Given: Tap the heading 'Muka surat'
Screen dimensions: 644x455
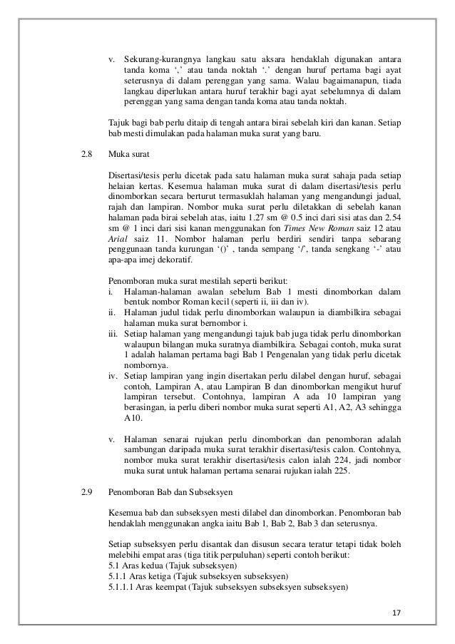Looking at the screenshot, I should tap(125, 153).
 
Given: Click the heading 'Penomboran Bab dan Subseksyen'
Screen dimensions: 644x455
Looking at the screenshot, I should tap(163, 492).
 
